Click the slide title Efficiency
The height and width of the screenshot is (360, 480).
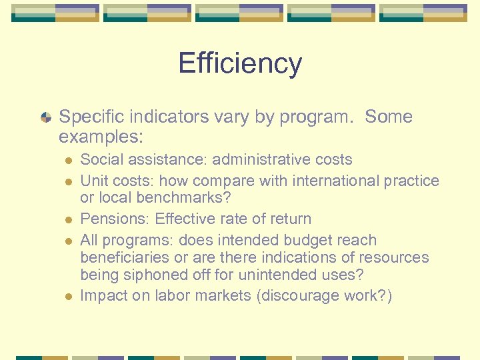[x=240, y=64]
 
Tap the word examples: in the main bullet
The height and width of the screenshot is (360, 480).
[x=101, y=137]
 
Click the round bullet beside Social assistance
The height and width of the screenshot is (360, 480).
[x=68, y=161]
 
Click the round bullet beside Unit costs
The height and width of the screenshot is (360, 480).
[x=68, y=181]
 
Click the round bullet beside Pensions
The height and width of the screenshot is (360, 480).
[x=68, y=219]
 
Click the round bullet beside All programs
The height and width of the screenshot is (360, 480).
[x=68, y=241]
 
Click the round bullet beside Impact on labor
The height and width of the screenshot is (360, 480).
[x=68, y=296]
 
